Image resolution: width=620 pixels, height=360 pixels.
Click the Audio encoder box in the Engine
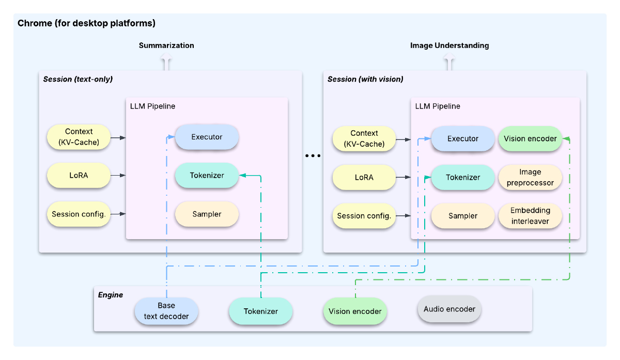[450, 309]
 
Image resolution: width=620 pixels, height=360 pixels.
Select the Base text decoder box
[166, 311]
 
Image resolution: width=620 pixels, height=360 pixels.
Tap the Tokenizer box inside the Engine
[261, 311]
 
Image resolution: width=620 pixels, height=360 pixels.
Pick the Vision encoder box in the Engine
[355, 311]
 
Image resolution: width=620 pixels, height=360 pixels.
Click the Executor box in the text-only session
[207, 137]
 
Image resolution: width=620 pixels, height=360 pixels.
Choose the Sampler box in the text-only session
[207, 214]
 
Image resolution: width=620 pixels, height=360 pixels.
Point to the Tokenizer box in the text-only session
[207, 176]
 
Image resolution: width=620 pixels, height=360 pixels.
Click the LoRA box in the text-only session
[79, 176]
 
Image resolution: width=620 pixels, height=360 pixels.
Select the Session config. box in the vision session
[364, 216]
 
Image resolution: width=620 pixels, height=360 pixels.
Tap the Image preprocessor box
[530, 177]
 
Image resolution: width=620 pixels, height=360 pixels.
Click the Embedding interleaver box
[530, 216]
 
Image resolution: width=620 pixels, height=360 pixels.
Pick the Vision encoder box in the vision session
[530, 138]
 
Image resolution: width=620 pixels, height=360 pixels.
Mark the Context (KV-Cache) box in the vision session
[364, 138]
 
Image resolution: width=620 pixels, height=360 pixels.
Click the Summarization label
[166, 45]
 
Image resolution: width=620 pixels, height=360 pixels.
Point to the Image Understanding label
[450, 45]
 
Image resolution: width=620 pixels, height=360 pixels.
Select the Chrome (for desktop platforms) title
[86, 23]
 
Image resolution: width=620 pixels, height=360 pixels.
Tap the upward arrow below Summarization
[166, 63]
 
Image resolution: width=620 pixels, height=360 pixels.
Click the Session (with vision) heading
[365, 79]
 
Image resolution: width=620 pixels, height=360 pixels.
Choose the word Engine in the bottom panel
[111, 295]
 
